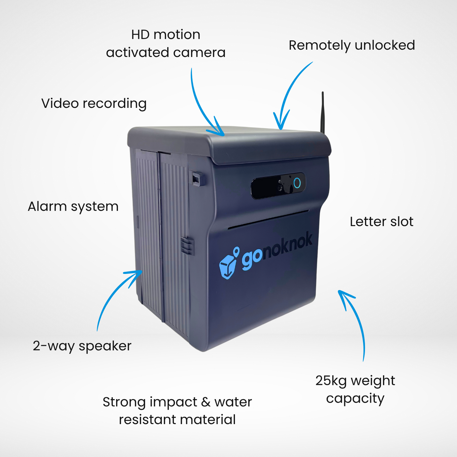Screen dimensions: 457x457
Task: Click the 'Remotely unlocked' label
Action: coord(352,46)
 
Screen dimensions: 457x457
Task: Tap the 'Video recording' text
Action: coord(94,104)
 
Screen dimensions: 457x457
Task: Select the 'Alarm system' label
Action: coord(73,207)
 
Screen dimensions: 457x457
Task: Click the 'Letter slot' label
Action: coord(382,222)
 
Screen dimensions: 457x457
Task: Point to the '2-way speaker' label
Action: coord(82,346)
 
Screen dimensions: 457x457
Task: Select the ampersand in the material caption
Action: coord(206,402)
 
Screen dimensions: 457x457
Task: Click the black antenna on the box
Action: coord(322,112)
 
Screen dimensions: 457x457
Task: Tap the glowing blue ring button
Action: coord(297,183)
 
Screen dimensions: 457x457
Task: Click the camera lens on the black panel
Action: coord(280,188)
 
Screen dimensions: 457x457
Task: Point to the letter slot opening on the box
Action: coord(268,219)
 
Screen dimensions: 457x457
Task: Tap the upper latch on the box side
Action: coord(197,179)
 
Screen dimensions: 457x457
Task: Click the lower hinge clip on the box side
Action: coord(187,246)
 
